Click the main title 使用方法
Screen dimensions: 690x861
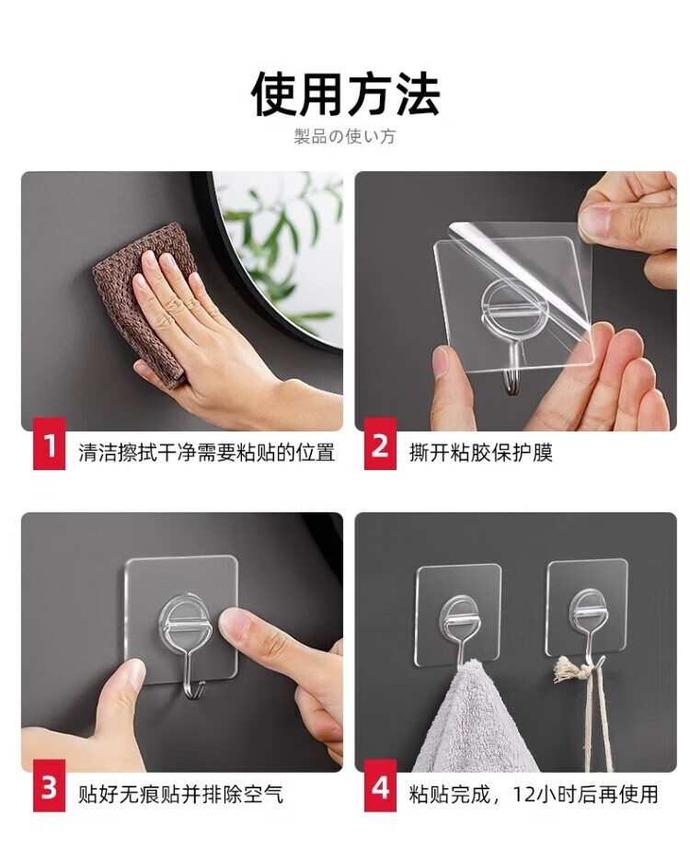point(346,95)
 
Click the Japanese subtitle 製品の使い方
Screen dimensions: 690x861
point(344,136)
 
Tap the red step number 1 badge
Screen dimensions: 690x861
point(50,443)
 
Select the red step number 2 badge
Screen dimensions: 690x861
point(380,443)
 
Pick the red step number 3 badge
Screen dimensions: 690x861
point(50,786)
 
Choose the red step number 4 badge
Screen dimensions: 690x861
point(380,786)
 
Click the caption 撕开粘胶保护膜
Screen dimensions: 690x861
point(480,453)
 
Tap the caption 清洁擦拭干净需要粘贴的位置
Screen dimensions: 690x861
point(207,453)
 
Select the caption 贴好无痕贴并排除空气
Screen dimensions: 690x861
point(180,795)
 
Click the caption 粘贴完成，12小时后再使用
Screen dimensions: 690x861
point(534,795)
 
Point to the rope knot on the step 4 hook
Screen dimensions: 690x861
point(571,670)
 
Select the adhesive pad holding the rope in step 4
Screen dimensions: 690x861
point(587,608)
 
